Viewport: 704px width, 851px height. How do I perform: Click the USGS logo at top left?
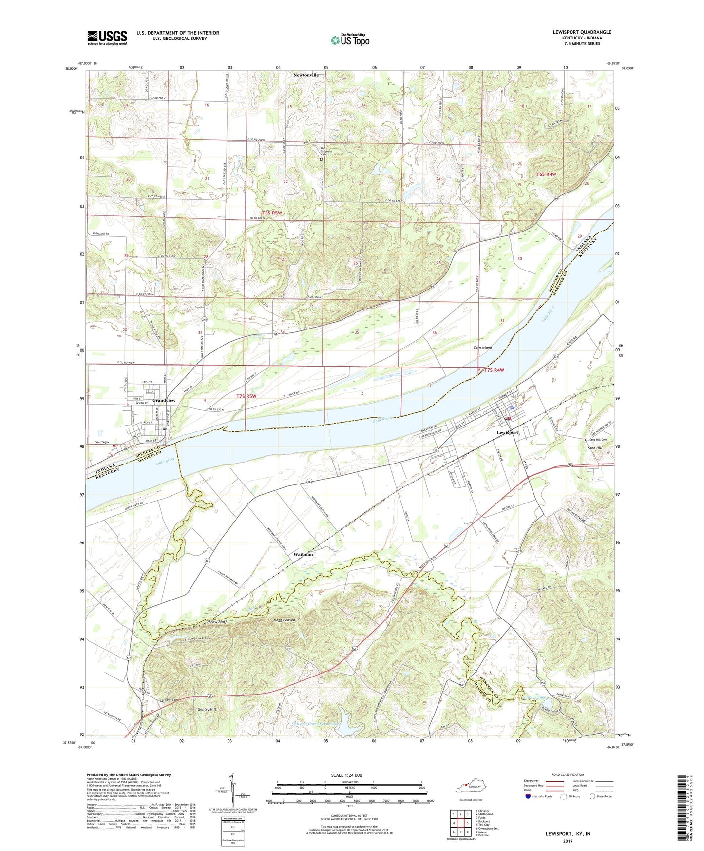point(107,37)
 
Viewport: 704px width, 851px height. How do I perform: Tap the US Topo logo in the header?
point(350,40)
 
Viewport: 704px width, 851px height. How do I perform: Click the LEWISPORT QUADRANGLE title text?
point(582,32)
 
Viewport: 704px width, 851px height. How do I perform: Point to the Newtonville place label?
point(306,75)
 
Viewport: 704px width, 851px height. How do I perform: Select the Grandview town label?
point(164,400)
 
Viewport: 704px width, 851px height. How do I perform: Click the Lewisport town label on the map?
point(507,432)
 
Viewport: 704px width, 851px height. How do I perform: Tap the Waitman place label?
point(303,554)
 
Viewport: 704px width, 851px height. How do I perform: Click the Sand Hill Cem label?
point(600,439)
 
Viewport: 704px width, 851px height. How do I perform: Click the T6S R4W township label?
point(546,174)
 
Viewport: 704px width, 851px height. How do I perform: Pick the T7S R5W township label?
point(246,396)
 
